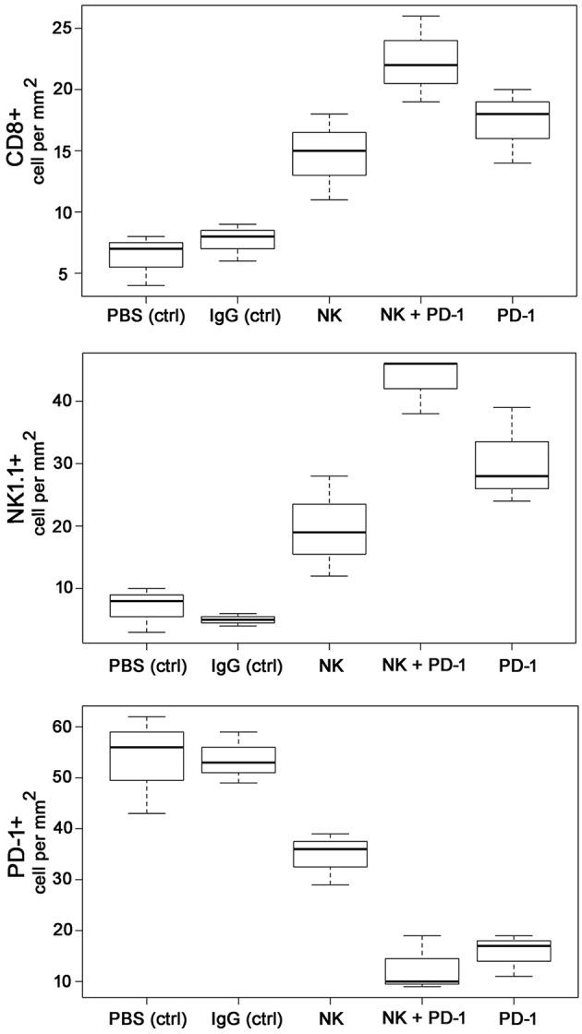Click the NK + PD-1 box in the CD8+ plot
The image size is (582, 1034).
coord(420,62)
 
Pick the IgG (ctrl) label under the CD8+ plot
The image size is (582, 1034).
coord(236,317)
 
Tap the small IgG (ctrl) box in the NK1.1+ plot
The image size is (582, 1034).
coord(236,619)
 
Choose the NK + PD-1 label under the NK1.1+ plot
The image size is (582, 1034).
coord(420,666)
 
